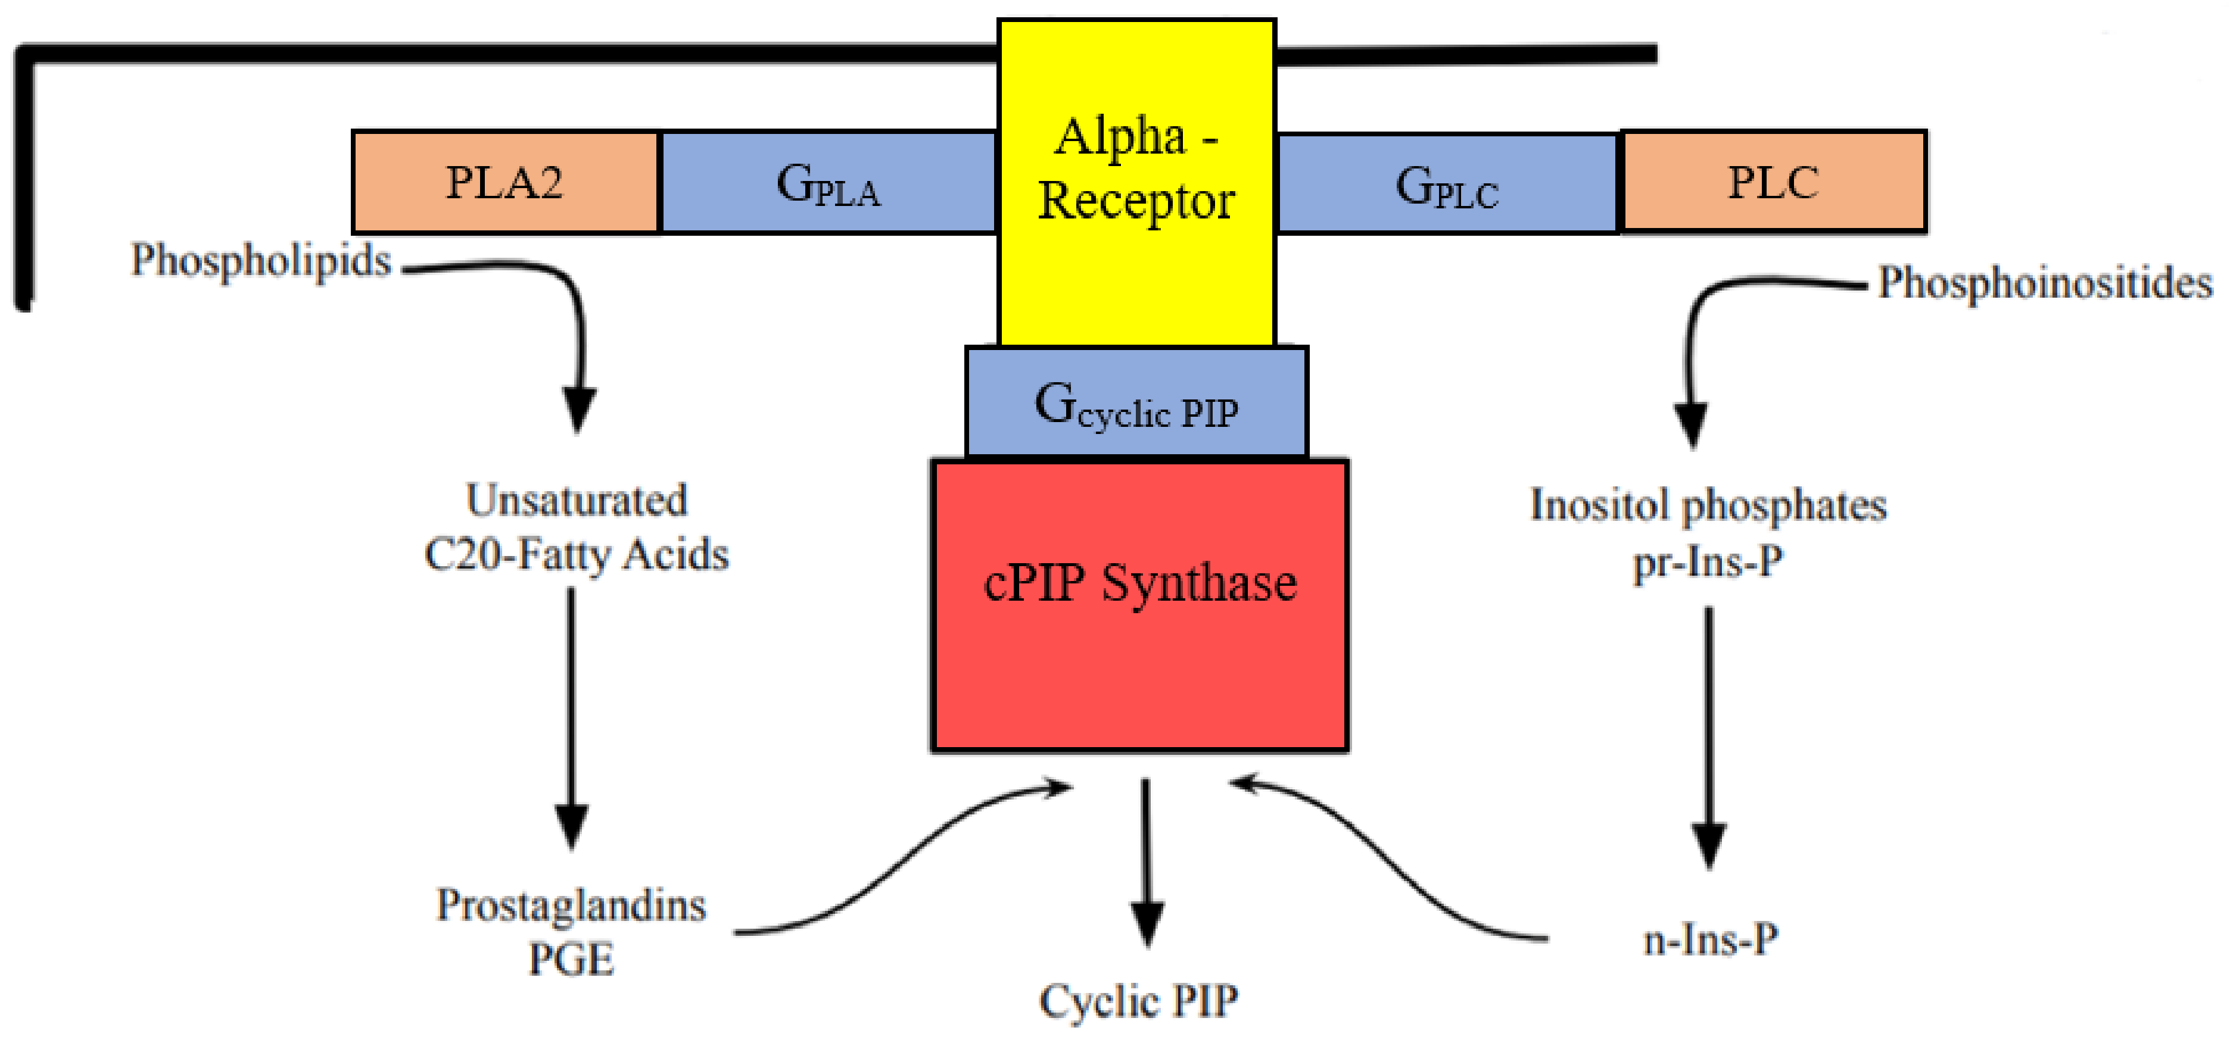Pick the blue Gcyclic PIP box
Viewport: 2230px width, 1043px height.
1136,402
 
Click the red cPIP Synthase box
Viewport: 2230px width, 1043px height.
1139,606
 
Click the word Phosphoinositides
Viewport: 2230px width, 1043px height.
2045,283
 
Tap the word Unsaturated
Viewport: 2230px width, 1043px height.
577,500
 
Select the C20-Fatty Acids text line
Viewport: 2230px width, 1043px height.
577,554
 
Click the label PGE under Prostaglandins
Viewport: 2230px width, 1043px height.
571,959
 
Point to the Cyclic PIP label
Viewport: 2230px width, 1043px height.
1138,1001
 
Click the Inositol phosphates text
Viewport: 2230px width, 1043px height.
1707,505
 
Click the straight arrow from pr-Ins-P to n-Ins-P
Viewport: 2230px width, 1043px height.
1709,736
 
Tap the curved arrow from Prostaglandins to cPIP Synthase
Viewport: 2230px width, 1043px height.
901,857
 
